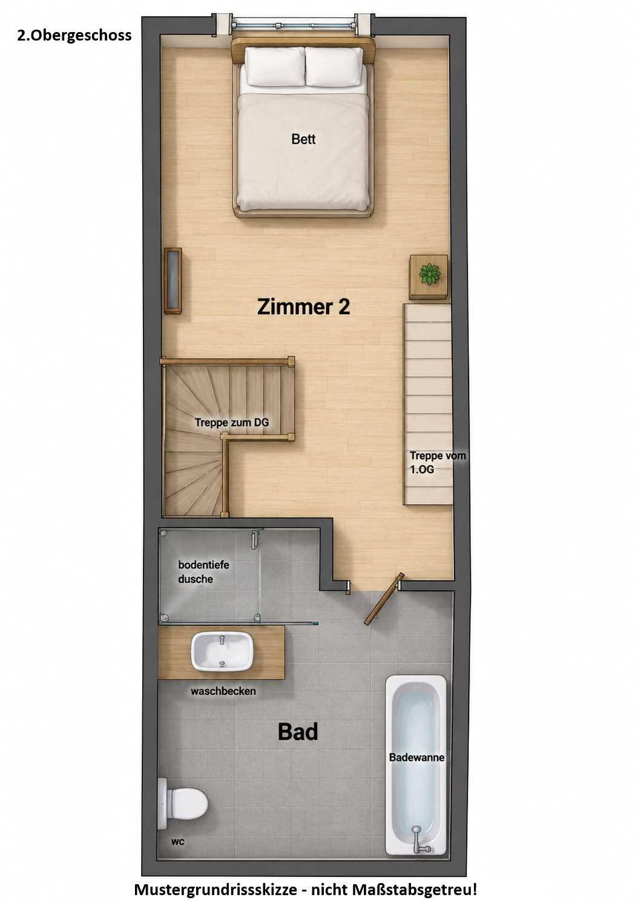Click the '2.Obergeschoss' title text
pos(74,36)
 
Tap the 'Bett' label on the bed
pos(303,139)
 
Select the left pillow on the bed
pos(275,67)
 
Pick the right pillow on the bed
pos(334,67)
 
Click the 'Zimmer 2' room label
pos(304,307)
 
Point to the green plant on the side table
pos(430,274)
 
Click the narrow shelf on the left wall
pos(173,281)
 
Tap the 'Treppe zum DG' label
pos(232,423)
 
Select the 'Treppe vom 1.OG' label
pos(438,462)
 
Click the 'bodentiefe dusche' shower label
pos(203,572)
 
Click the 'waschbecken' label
pos(223,691)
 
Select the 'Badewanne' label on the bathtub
pos(416,758)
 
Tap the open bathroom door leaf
pos(384,599)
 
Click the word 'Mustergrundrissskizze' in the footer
pos(215,889)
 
